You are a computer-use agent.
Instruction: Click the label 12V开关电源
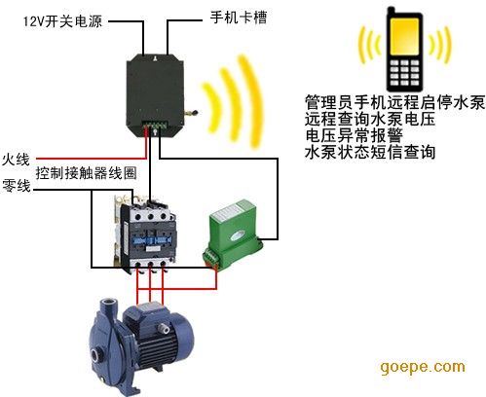(x=62, y=21)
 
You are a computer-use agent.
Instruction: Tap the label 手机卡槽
(x=239, y=18)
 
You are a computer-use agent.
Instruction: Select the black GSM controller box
(x=155, y=95)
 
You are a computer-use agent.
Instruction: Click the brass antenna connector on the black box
(x=191, y=113)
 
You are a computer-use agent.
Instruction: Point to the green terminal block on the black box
(x=155, y=126)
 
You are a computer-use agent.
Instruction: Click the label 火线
(x=16, y=159)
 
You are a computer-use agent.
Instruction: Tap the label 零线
(x=17, y=186)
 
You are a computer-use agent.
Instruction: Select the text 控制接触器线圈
(x=86, y=173)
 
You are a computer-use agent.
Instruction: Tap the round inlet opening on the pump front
(x=96, y=354)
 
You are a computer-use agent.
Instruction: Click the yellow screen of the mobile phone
(x=404, y=37)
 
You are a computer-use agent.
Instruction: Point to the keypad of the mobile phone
(x=404, y=72)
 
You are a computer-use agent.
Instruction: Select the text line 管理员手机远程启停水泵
(x=394, y=102)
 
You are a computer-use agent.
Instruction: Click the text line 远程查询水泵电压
(x=370, y=119)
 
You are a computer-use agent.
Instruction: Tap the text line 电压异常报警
(x=354, y=135)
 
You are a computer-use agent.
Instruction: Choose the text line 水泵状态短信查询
(x=370, y=152)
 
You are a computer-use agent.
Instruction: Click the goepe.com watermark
(x=423, y=367)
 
